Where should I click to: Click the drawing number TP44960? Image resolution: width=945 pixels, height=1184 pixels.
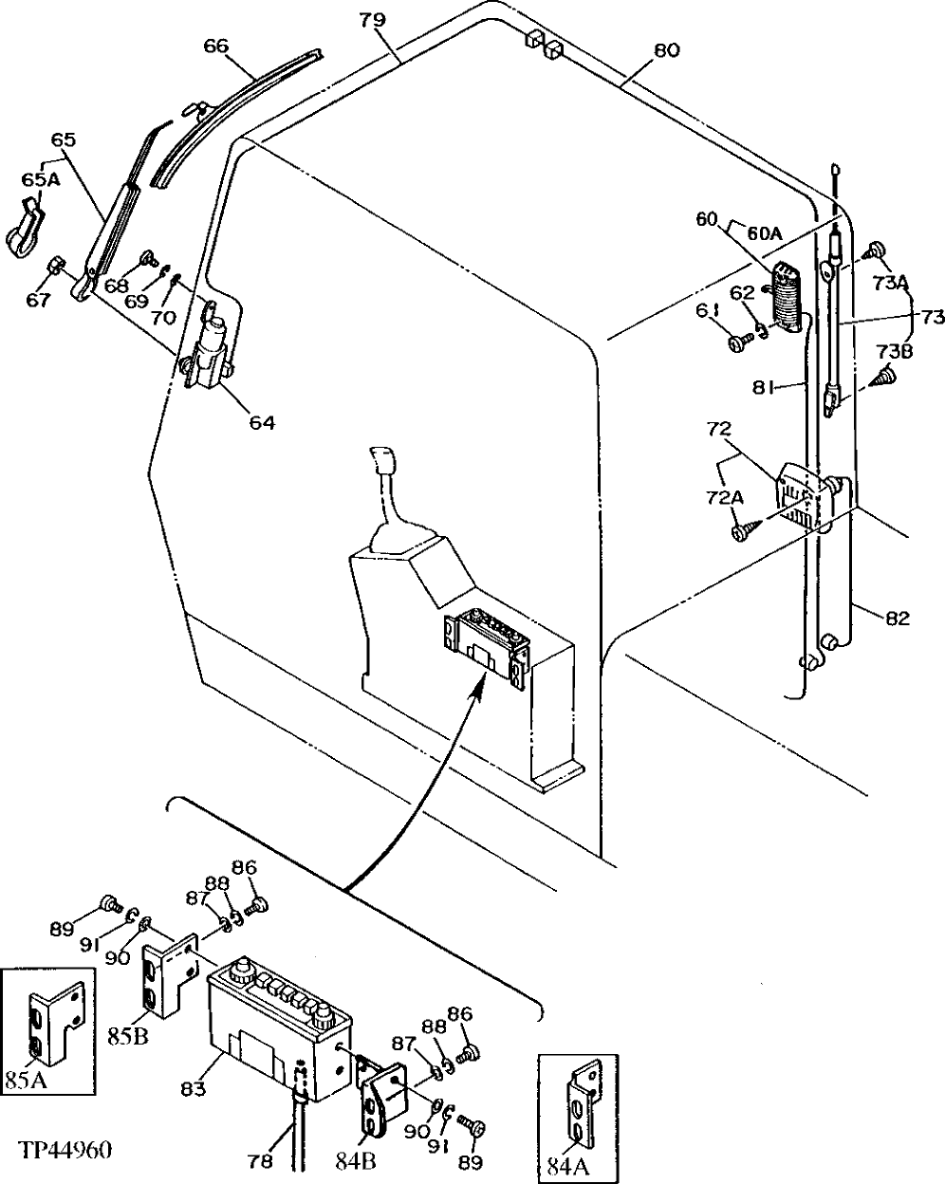(x=65, y=1151)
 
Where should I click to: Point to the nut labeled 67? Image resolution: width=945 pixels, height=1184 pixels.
(x=56, y=264)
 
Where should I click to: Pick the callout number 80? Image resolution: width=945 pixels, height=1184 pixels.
(x=666, y=51)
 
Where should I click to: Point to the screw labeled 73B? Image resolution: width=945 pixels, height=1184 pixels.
(x=887, y=376)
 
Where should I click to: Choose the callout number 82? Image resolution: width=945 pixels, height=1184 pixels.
(x=897, y=619)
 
